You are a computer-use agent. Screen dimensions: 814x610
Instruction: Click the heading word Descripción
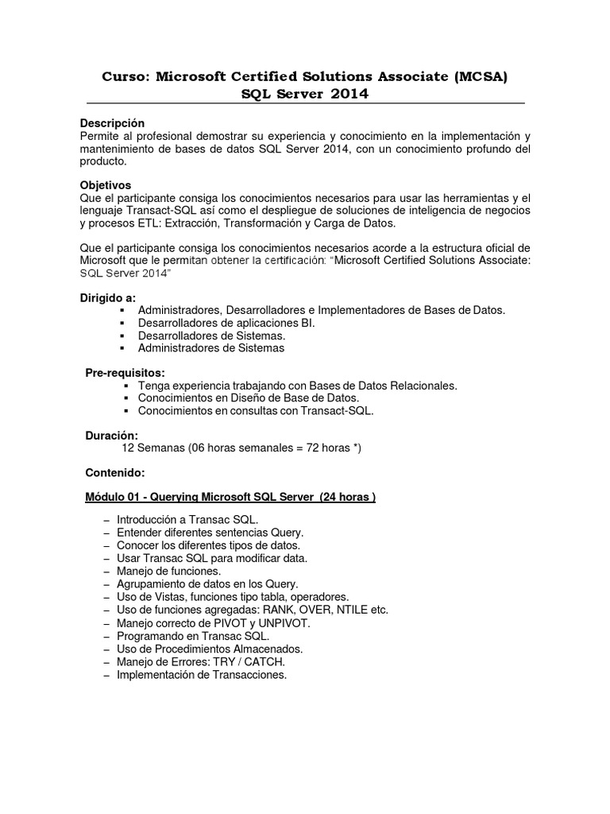(113, 123)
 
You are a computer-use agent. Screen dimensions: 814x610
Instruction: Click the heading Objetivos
(109, 185)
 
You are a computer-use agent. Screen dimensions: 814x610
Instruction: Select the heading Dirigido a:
(108, 297)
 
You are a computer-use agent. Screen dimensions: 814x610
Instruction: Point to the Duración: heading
(111, 436)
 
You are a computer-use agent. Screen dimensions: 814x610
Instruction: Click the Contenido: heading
(114, 473)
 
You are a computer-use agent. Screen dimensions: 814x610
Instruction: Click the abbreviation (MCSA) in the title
(479, 77)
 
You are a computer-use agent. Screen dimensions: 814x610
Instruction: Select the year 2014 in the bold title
(346, 95)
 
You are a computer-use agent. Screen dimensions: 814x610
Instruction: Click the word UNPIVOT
(283, 623)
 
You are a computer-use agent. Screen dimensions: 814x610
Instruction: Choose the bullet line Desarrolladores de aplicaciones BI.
(226, 323)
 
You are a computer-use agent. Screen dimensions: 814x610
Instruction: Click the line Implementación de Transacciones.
(201, 675)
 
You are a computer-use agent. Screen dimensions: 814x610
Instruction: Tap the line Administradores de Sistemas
(210, 348)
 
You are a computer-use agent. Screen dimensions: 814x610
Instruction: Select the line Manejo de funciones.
(168, 571)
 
